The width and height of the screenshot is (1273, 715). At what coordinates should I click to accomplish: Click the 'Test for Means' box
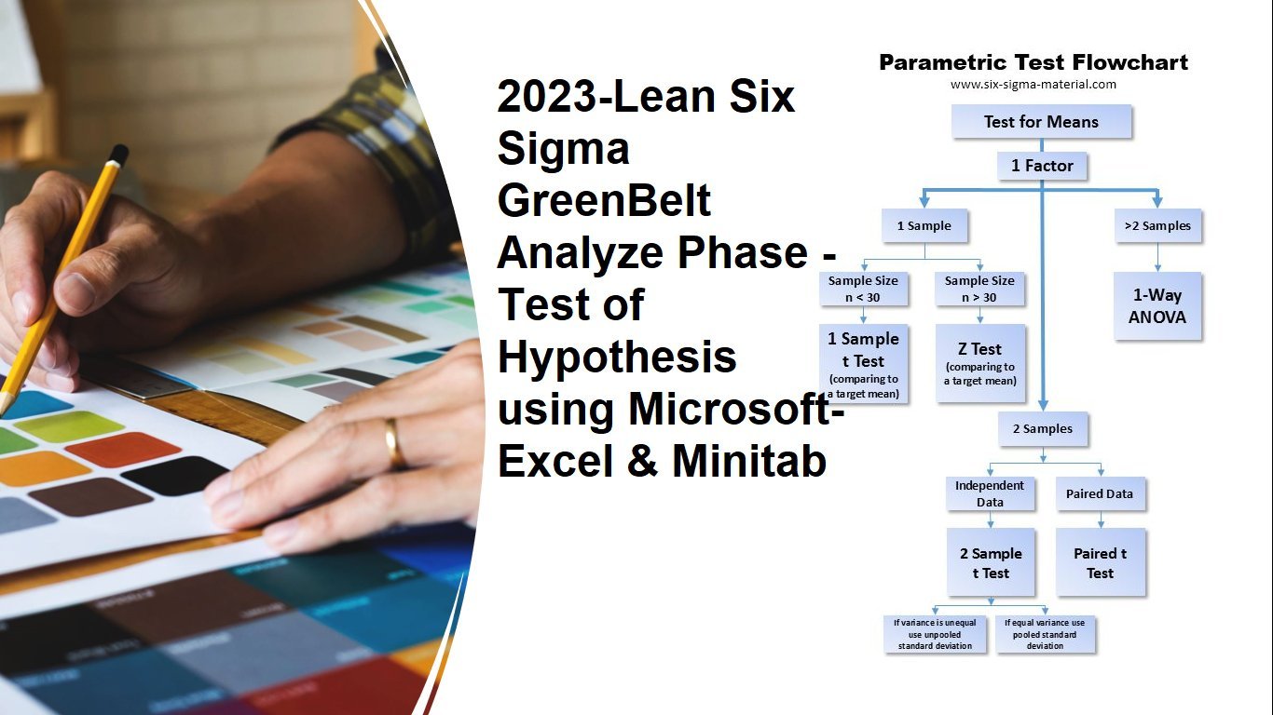[x=1041, y=121]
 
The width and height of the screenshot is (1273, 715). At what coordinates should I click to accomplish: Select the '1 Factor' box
[x=1042, y=166]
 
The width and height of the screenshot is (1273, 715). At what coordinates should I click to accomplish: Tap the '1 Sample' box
[x=924, y=225]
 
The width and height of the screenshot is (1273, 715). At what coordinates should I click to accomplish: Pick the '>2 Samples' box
[x=1157, y=225]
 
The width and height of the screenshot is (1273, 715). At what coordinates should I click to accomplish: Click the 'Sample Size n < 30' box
[x=863, y=289]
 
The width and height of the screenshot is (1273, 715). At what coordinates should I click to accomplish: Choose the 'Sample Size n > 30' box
[x=979, y=289]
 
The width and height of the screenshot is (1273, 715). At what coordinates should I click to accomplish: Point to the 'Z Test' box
[x=980, y=363]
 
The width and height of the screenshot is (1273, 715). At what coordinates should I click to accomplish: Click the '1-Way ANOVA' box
[x=1157, y=305]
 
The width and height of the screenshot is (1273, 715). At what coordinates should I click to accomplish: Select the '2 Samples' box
[x=1043, y=429]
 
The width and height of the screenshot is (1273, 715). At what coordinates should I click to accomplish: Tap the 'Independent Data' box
[x=990, y=493]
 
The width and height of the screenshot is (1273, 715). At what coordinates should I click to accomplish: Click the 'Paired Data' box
[x=1101, y=493]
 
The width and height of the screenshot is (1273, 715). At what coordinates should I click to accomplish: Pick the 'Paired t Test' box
[x=1101, y=562]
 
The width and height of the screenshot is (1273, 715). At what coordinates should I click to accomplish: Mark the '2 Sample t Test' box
[x=991, y=562]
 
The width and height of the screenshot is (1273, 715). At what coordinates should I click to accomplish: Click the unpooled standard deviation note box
[x=935, y=634]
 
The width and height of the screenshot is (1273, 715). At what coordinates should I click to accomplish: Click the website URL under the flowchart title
[x=1033, y=85]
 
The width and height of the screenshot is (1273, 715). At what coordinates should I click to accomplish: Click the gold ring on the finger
[x=393, y=443]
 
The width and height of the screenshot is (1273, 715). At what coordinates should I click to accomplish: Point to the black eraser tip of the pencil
[x=118, y=154]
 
